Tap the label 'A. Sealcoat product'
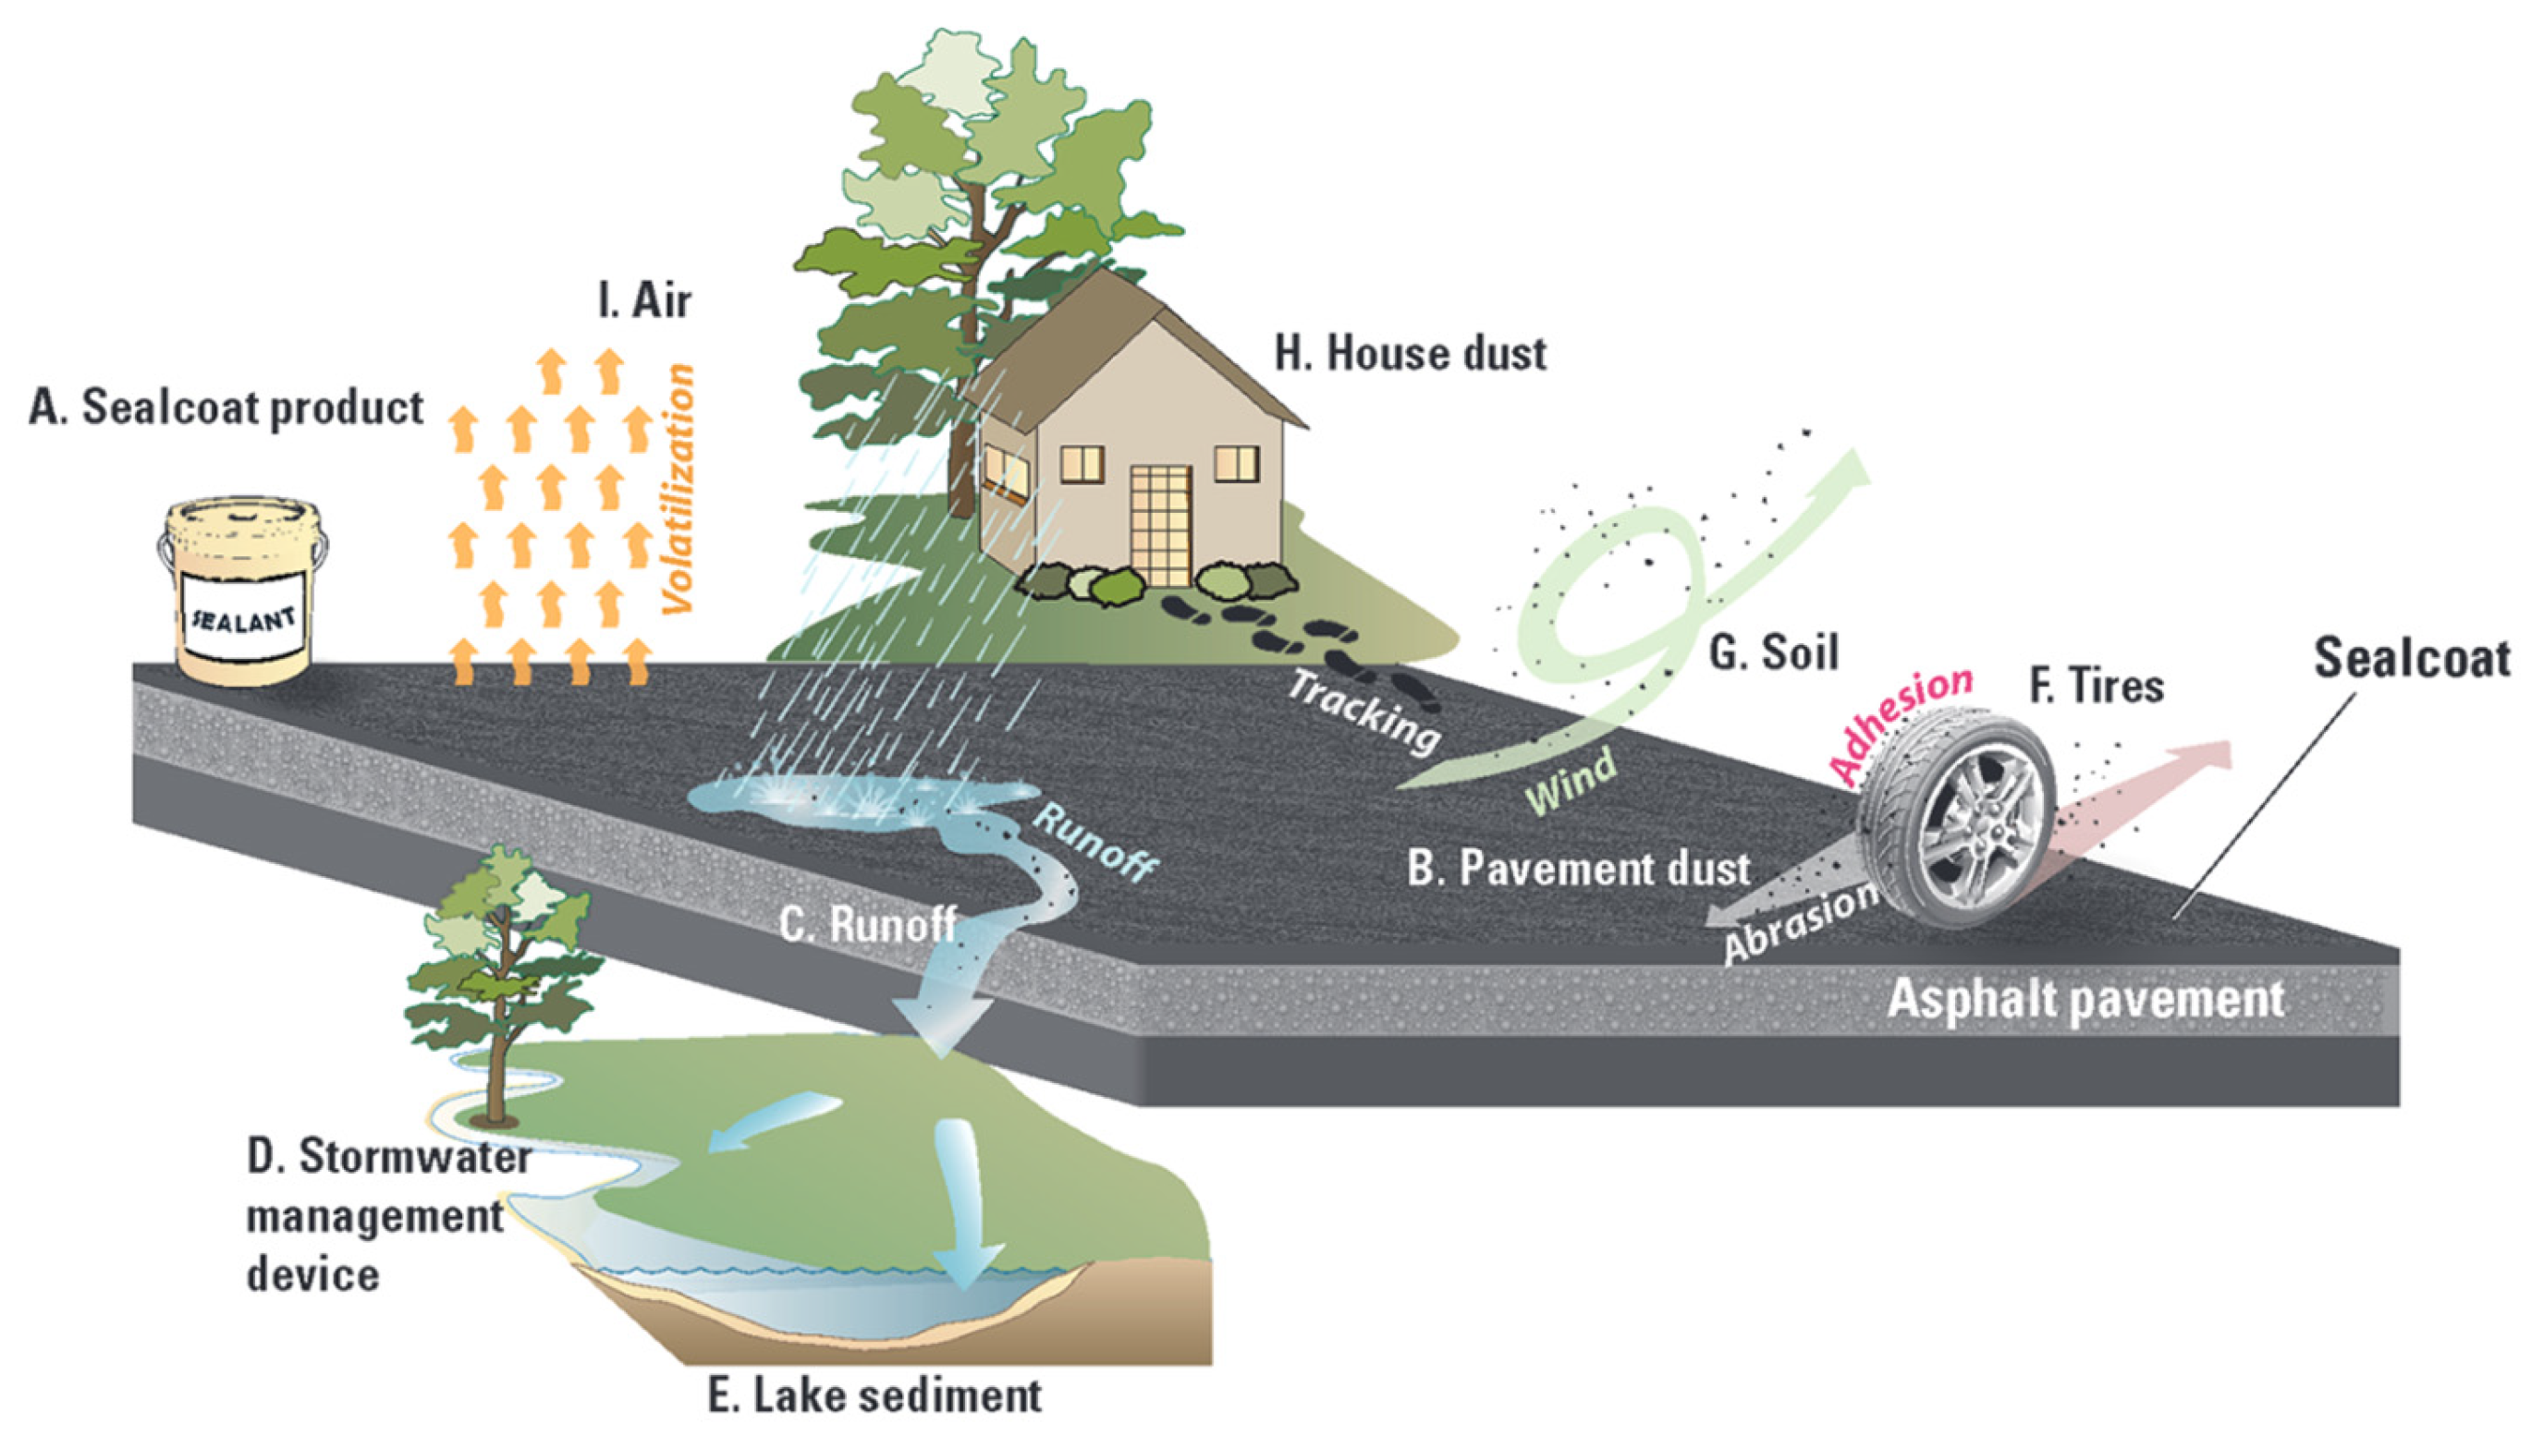(226, 408)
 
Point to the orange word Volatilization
(679, 490)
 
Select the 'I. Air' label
(644, 299)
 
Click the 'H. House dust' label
(1411, 354)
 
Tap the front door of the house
(1160, 525)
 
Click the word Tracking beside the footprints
(1363, 711)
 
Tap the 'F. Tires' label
(2097, 686)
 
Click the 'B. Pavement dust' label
(1578, 869)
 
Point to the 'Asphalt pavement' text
(2085, 998)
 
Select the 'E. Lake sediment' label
(874, 1395)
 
